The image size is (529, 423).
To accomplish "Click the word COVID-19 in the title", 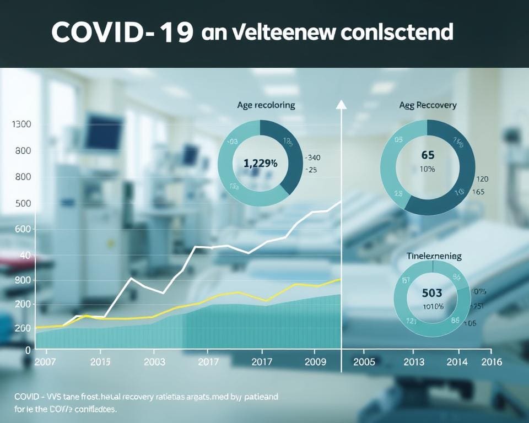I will point(122,33).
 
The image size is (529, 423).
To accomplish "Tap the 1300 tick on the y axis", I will point(21,124).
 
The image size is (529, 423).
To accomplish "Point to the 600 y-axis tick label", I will point(21,230).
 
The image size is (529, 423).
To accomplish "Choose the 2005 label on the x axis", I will point(363,362).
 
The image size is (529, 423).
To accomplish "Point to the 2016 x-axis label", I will point(492,362).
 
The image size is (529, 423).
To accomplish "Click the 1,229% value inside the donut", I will point(260,163).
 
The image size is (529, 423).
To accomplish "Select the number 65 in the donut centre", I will point(427,156).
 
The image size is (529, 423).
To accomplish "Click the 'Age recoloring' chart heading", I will point(266,105).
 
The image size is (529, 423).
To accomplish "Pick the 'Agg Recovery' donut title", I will point(428,105).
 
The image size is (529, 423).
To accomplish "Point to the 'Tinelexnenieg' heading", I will point(434,256).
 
